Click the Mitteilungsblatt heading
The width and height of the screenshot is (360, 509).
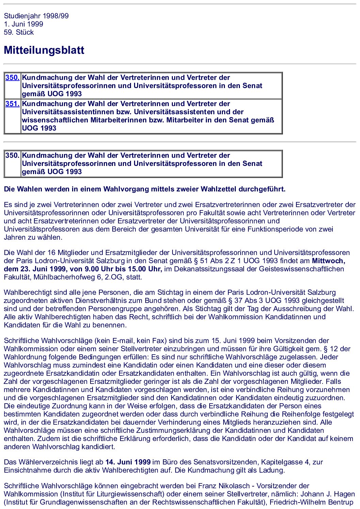(x=44, y=50)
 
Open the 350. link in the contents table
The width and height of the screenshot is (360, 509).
(x=12, y=78)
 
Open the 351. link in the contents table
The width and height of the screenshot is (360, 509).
(x=12, y=104)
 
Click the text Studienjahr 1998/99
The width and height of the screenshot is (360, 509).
(x=36, y=16)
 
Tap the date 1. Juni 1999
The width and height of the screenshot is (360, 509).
(x=23, y=24)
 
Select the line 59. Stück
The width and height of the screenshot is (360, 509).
(x=19, y=32)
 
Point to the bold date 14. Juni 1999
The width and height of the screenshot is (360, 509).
(x=128, y=462)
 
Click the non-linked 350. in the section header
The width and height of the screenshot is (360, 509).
(x=12, y=155)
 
